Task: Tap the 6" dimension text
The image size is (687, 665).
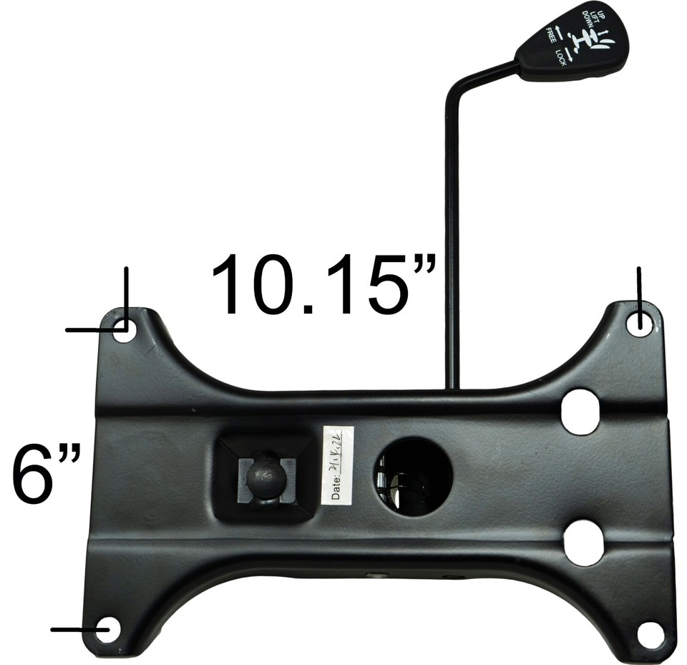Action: pos(47,473)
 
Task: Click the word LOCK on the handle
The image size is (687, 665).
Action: pos(560,54)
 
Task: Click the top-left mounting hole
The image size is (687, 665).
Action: pos(123,330)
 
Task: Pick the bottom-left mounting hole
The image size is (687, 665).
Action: pos(109,629)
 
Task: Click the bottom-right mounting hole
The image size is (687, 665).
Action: pos(651,633)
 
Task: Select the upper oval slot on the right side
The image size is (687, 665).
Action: pos(580,411)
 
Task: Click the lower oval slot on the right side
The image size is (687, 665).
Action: pos(583,543)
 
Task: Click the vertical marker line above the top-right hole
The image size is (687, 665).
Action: pos(638,291)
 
